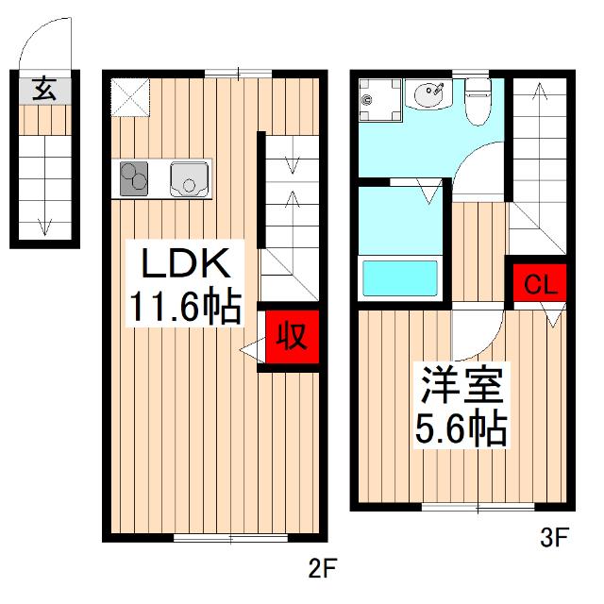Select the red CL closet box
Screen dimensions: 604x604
(540, 283)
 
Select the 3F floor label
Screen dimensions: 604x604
(554, 539)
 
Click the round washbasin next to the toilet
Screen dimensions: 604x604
(430, 94)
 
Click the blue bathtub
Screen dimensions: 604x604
(400, 279)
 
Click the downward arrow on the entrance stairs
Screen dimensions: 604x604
(43, 217)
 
